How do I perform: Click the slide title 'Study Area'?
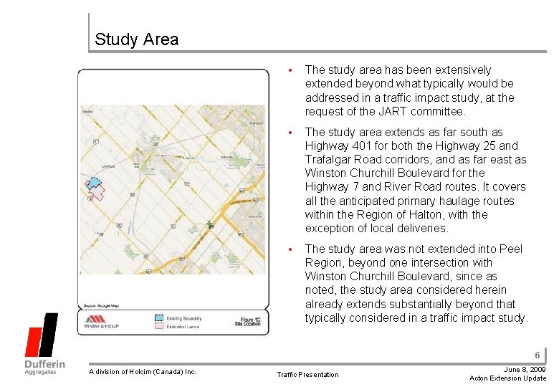tap(136, 39)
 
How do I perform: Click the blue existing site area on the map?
tap(93, 183)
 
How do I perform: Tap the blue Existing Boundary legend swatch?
tap(158, 316)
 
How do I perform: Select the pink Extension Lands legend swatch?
tap(158, 325)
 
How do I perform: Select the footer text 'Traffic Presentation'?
tap(308, 374)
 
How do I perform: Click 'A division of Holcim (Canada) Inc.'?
tap(142, 371)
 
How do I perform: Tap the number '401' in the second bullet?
tap(363, 145)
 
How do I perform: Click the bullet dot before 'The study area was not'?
tap(290, 249)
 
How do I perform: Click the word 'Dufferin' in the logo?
tap(45, 363)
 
